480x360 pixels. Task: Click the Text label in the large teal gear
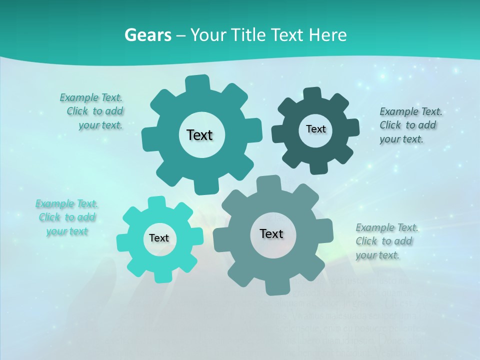pyautogui.click(x=199, y=135)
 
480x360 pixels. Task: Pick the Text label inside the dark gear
pyautogui.click(x=315, y=129)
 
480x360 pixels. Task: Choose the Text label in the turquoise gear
pyautogui.click(x=159, y=238)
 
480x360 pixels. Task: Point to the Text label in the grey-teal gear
pyautogui.click(x=271, y=233)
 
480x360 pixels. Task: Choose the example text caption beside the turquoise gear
pyautogui.click(x=67, y=217)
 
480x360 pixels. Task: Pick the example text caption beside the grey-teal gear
pyautogui.click(x=386, y=241)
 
